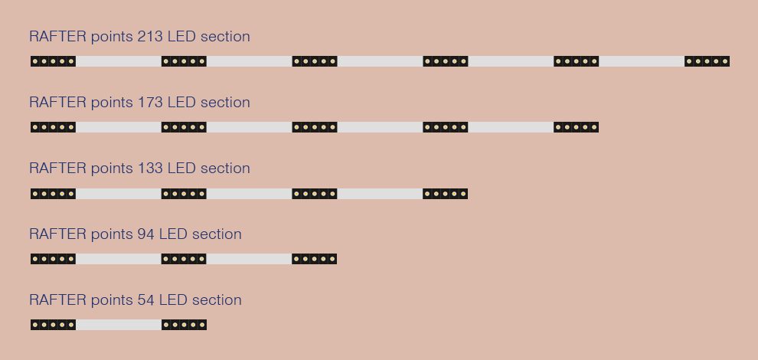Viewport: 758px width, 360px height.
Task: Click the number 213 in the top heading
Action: point(150,36)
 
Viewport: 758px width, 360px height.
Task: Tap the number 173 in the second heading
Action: point(150,102)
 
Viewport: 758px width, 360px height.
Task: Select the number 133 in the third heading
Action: point(150,168)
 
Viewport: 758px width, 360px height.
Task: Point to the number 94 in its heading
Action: point(145,234)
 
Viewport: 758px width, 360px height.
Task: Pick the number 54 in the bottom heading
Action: point(145,299)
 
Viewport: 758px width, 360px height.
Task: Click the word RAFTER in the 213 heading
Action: point(58,36)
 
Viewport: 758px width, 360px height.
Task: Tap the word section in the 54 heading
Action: point(217,299)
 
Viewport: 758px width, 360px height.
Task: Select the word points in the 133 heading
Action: point(112,169)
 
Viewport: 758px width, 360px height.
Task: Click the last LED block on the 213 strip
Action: point(707,61)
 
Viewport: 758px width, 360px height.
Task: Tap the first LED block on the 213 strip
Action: point(53,61)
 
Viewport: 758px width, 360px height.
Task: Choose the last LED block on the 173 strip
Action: point(577,127)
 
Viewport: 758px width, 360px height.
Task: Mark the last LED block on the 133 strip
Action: point(445,194)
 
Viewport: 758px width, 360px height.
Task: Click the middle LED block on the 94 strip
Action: point(184,259)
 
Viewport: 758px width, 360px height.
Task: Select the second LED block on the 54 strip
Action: point(184,325)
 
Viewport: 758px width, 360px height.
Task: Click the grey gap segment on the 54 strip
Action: point(119,325)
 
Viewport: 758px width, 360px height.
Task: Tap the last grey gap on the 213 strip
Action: point(642,61)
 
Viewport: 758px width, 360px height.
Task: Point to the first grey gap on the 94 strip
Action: point(119,259)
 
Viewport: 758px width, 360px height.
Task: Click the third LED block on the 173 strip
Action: point(315,127)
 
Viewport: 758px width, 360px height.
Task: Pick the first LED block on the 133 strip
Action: point(53,194)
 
